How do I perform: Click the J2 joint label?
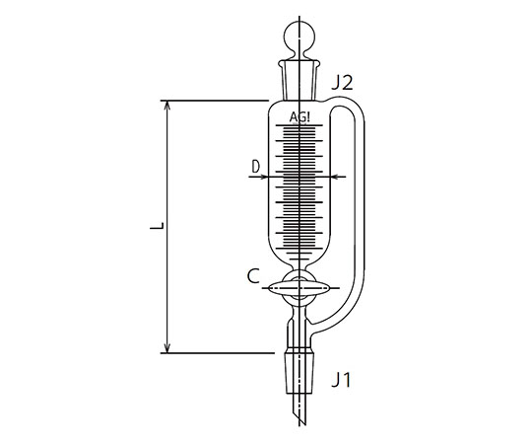pyautogui.click(x=342, y=83)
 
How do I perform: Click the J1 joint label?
pyautogui.click(x=341, y=380)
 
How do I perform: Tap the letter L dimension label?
pyautogui.click(x=157, y=226)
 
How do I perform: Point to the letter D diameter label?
pyautogui.click(x=255, y=167)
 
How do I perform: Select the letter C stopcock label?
pyautogui.click(x=253, y=276)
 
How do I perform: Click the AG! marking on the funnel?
pyautogui.click(x=299, y=117)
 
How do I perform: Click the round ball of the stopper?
pyautogui.click(x=299, y=36)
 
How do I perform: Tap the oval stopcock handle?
pyautogui.click(x=299, y=288)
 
